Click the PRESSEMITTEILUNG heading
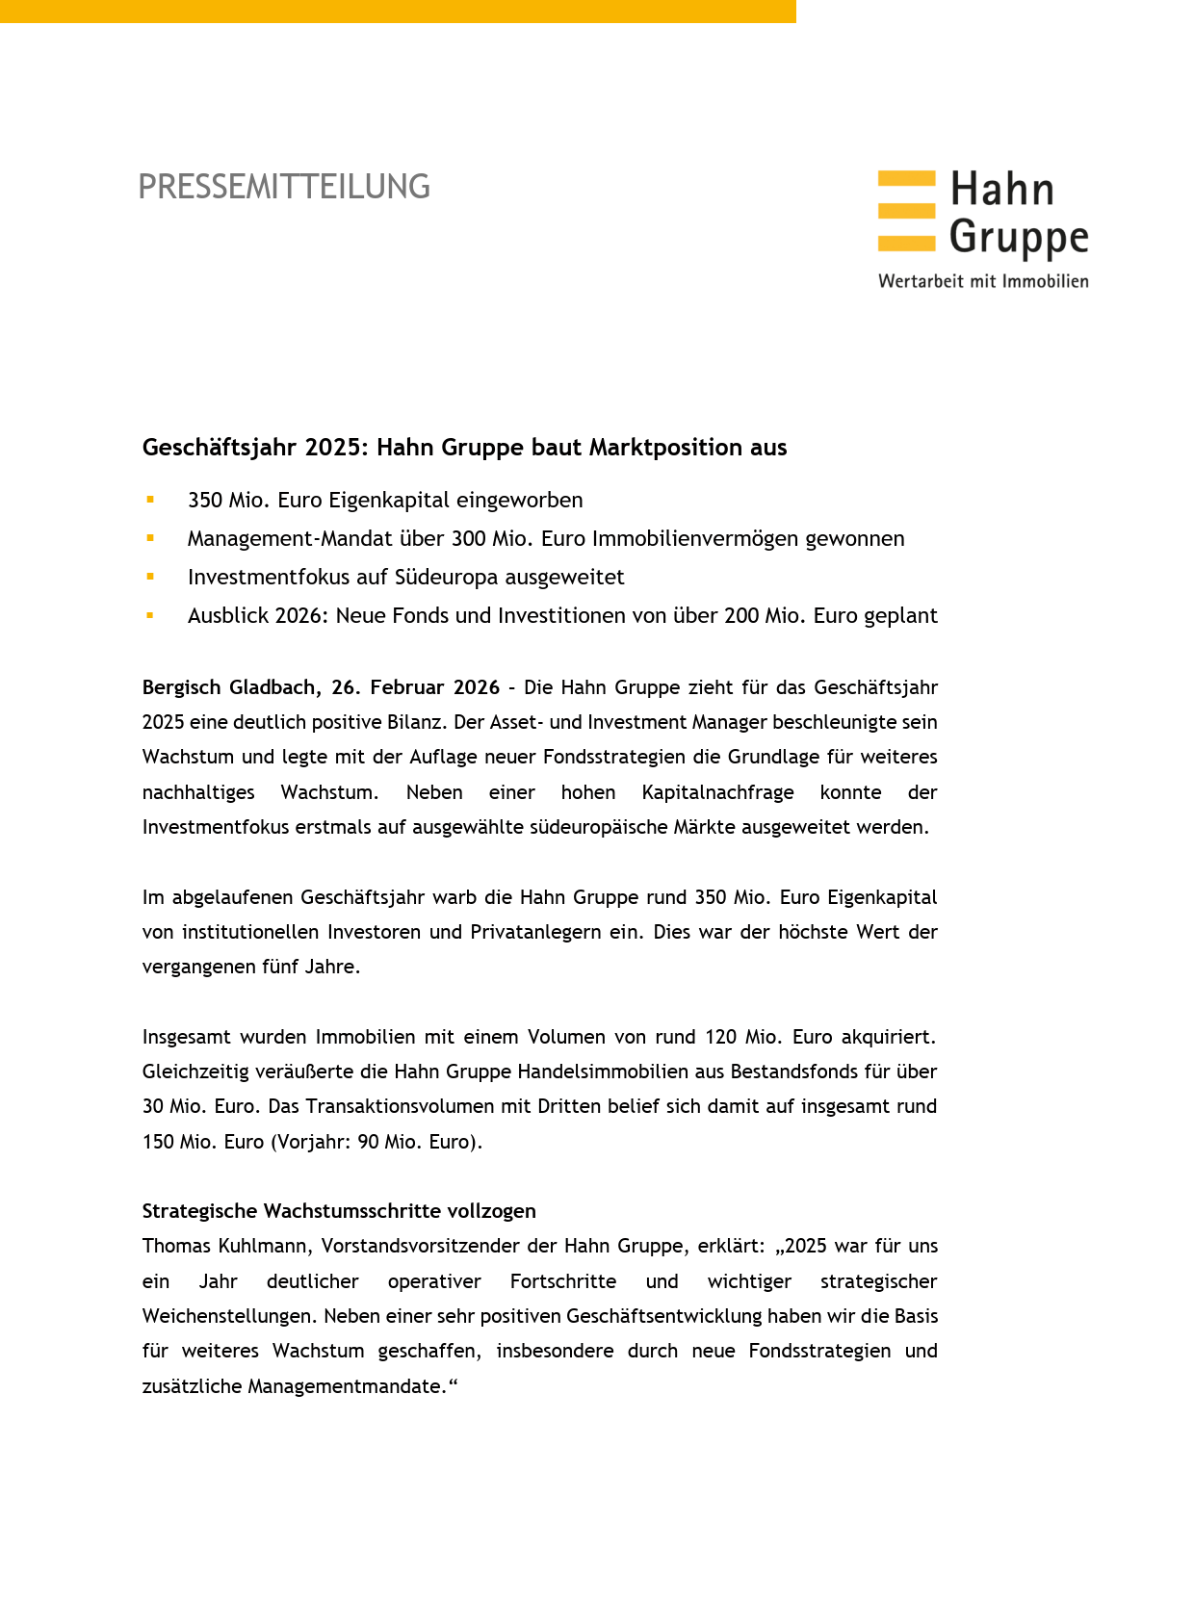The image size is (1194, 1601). click(x=284, y=187)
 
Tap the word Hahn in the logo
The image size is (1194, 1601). click(x=1001, y=190)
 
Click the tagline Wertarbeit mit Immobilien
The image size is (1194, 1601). click(x=983, y=281)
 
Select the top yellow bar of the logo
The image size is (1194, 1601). click(x=906, y=178)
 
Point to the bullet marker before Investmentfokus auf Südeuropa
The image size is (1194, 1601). click(x=150, y=577)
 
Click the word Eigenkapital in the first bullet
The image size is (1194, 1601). click(x=389, y=501)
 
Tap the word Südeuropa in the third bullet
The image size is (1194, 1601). click(x=446, y=578)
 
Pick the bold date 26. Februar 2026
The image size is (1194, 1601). click(x=416, y=687)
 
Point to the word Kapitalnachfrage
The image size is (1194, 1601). click(x=717, y=792)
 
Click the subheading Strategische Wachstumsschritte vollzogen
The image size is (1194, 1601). click(x=339, y=1211)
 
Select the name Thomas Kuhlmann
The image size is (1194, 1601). click(x=225, y=1247)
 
